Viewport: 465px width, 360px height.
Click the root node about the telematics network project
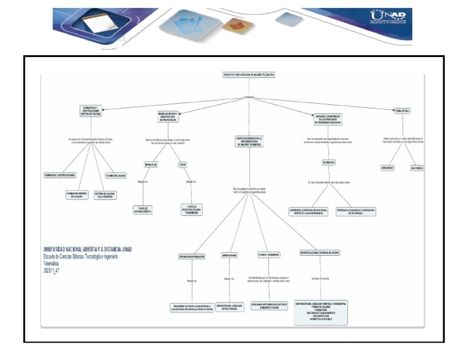tap(249, 75)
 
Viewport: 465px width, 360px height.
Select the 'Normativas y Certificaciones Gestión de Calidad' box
tap(91, 110)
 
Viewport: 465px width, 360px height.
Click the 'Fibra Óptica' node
tap(401, 111)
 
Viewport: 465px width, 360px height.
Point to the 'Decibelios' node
tap(325, 162)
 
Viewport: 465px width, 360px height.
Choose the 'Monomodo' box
tap(387, 167)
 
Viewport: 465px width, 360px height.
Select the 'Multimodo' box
tap(417, 167)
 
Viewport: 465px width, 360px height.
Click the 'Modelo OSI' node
tap(151, 164)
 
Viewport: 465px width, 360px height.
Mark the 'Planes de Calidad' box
tap(116, 175)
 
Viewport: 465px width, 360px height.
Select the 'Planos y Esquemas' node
tap(268, 255)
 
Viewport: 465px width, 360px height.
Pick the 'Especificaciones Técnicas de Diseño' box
tap(320, 253)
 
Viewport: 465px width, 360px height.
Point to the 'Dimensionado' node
tap(229, 255)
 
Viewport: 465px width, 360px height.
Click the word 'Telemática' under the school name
tap(52, 264)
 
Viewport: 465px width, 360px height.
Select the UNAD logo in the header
tap(387, 18)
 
